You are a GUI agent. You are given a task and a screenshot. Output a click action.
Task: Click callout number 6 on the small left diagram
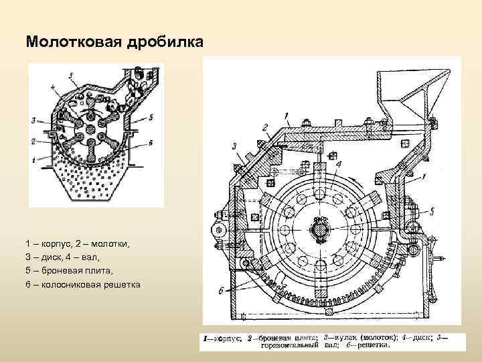tap(152, 142)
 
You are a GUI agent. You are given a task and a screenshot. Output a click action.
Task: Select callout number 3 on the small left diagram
tap(33, 121)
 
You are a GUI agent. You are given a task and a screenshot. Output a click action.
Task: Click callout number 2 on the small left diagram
tap(33, 141)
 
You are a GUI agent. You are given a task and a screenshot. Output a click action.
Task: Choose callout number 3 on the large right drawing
tap(235, 145)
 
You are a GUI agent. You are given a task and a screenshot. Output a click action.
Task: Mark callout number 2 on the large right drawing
tap(265, 127)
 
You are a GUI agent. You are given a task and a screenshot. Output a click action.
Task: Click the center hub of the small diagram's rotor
tap(92, 130)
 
